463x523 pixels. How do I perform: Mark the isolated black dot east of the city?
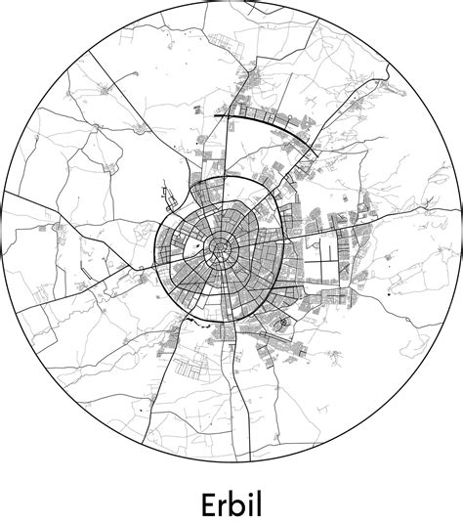pos(390,293)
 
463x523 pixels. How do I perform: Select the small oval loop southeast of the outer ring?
pos(283,323)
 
